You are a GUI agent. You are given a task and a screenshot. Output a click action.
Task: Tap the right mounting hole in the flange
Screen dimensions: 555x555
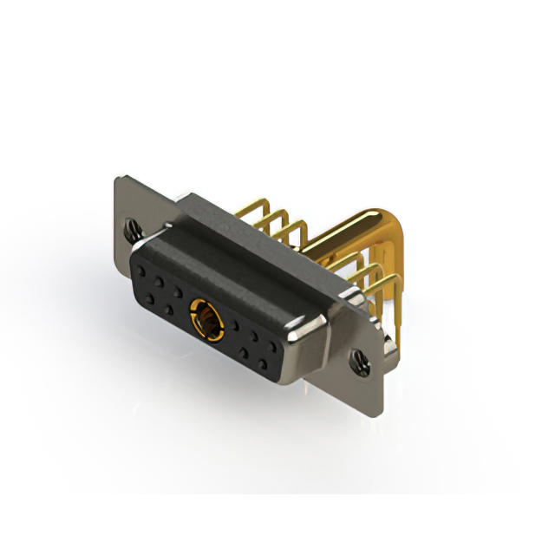point(357,357)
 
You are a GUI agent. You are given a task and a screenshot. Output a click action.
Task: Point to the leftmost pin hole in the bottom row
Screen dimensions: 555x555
point(150,299)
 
